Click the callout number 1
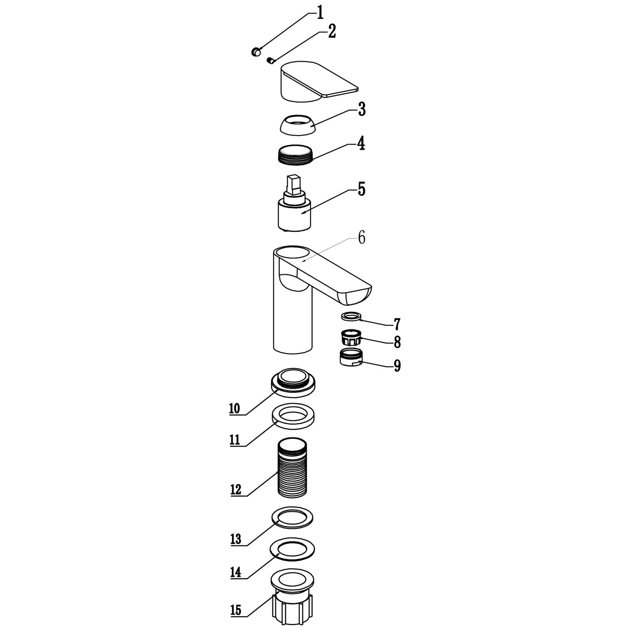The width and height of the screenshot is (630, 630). [320, 13]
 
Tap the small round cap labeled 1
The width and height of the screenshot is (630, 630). [256, 52]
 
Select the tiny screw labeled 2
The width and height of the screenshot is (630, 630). [271, 61]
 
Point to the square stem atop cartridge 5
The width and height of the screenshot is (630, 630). [293, 185]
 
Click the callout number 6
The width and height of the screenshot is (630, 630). [361, 238]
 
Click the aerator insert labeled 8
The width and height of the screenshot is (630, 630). [350, 337]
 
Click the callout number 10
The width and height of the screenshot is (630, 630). [234, 408]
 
